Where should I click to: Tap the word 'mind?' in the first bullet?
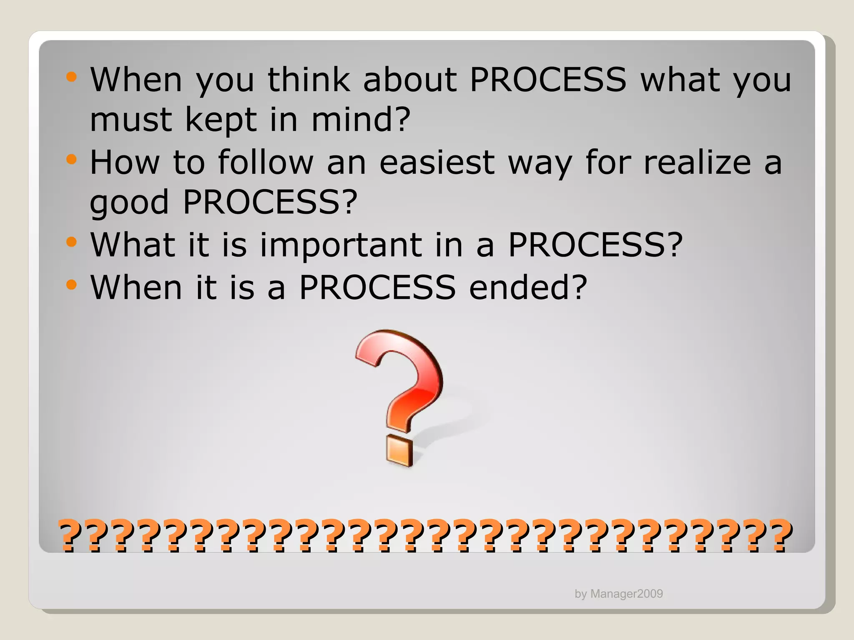[x=361, y=120]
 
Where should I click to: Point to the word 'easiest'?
[x=437, y=162]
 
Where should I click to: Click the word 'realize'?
[x=697, y=162]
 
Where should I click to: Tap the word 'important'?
[x=341, y=245]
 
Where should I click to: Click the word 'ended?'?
[x=528, y=287]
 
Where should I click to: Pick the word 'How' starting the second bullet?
[x=125, y=162]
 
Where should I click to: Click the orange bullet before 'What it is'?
[x=72, y=242]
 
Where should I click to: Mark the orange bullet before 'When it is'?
[x=72, y=285]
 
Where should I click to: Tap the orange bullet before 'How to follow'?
[x=72, y=159]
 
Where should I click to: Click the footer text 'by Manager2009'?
[x=618, y=594]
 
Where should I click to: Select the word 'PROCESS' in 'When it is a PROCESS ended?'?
[x=377, y=287]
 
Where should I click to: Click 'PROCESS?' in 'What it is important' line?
[x=595, y=245]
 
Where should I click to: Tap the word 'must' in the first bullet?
[x=131, y=120]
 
